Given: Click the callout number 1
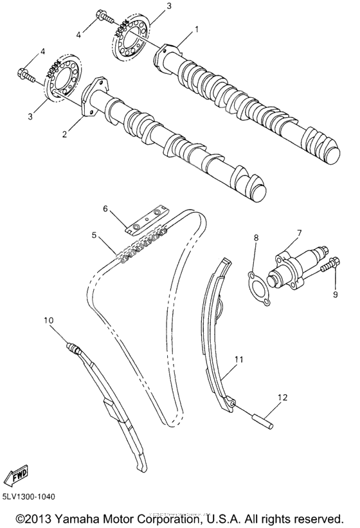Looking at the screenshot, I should click(x=197, y=29).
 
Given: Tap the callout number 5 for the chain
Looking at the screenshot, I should click(x=94, y=235).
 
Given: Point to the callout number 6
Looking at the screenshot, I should click(x=107, y=208).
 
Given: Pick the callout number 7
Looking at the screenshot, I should click(x=298, y=232).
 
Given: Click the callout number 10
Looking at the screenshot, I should click(x=49, y=319).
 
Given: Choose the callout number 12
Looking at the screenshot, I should click(x=280, y=397).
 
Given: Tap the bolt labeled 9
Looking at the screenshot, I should click(x=333, y=266).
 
